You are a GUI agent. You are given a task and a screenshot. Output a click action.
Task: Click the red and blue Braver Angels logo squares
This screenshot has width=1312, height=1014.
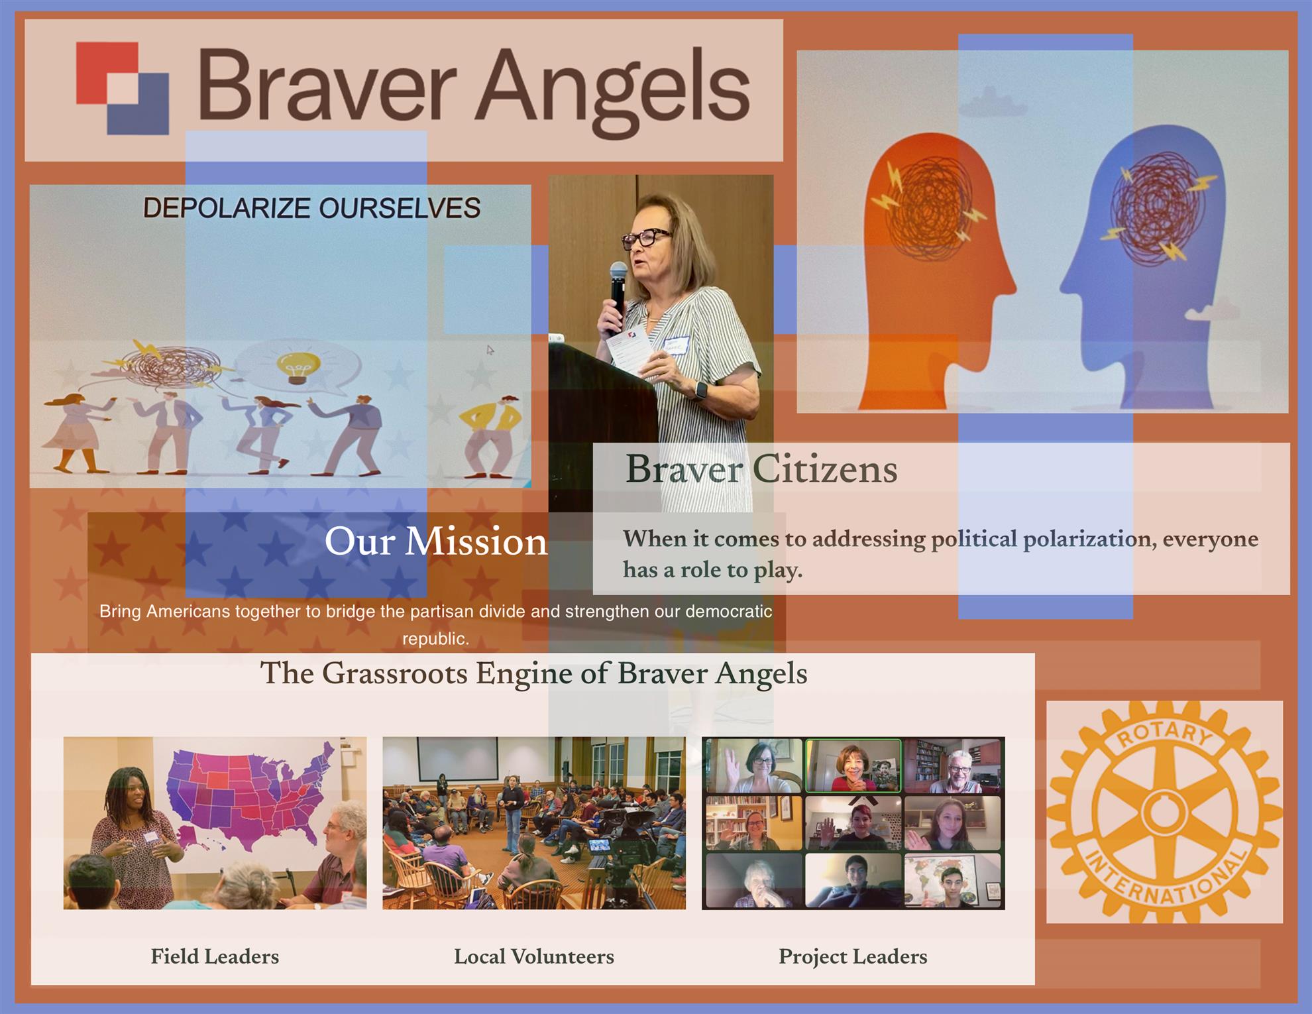coord(123,88)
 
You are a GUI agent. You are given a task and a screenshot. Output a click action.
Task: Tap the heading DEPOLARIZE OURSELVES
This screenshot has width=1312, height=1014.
coord(311,208)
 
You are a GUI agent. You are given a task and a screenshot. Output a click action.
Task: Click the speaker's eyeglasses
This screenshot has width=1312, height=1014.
coord(646,237)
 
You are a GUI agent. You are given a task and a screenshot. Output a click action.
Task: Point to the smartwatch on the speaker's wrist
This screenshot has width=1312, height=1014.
coord(699,390)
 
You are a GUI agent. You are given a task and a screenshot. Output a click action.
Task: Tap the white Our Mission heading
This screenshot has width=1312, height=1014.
coord(436,541)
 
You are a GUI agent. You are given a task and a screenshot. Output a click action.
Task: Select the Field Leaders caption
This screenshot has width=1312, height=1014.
coord(215,956)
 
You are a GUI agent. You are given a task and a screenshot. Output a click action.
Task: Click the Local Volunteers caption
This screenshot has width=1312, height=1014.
coord(534,956)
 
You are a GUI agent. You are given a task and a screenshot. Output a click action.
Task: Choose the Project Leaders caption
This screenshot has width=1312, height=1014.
coord(853,956)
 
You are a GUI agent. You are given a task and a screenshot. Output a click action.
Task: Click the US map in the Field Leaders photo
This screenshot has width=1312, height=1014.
coord(252,795)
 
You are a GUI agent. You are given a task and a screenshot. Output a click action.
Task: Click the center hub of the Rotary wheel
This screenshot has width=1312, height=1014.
coord(1164,813)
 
